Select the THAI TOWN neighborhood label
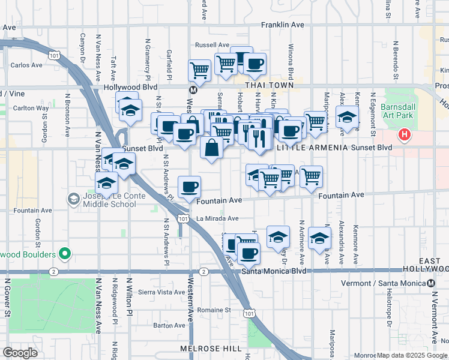pyautogui.click(x=265, y=86)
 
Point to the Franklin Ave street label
pyautogui.click(x=282, y=25)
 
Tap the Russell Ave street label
pyautogui.click(x=212, y=45)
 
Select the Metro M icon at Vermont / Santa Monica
pyautogui.click(x=431, y=283)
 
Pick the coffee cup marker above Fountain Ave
pyautogui.click(x=190, y=187)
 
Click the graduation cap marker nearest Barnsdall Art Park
pyautogui.click(x=347, y=118)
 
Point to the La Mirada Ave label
pyautogui.click(x=217, y=219)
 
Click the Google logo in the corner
pyautogui.click(x=20, y=352)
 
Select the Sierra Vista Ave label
pyautogui.click(x=162, y=292)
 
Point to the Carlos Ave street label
pyautogui.click(x=26, y=65)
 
